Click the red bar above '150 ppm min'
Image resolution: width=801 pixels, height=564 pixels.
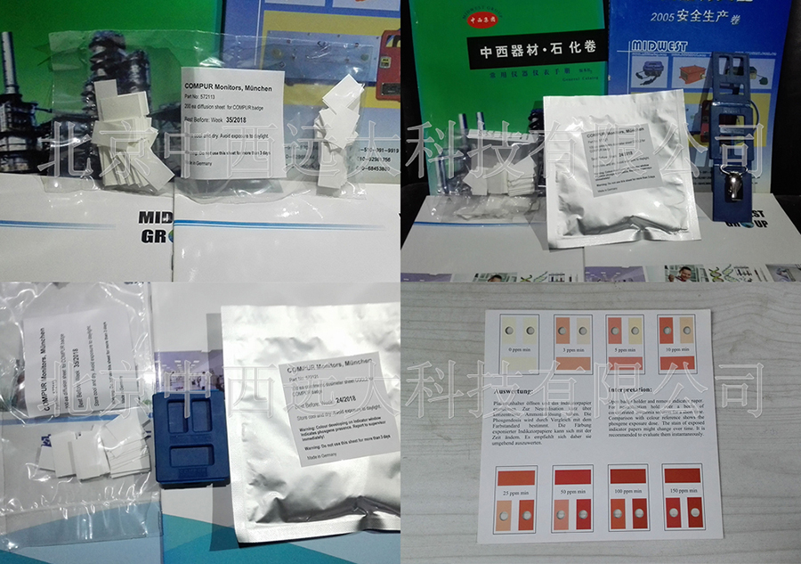683,476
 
